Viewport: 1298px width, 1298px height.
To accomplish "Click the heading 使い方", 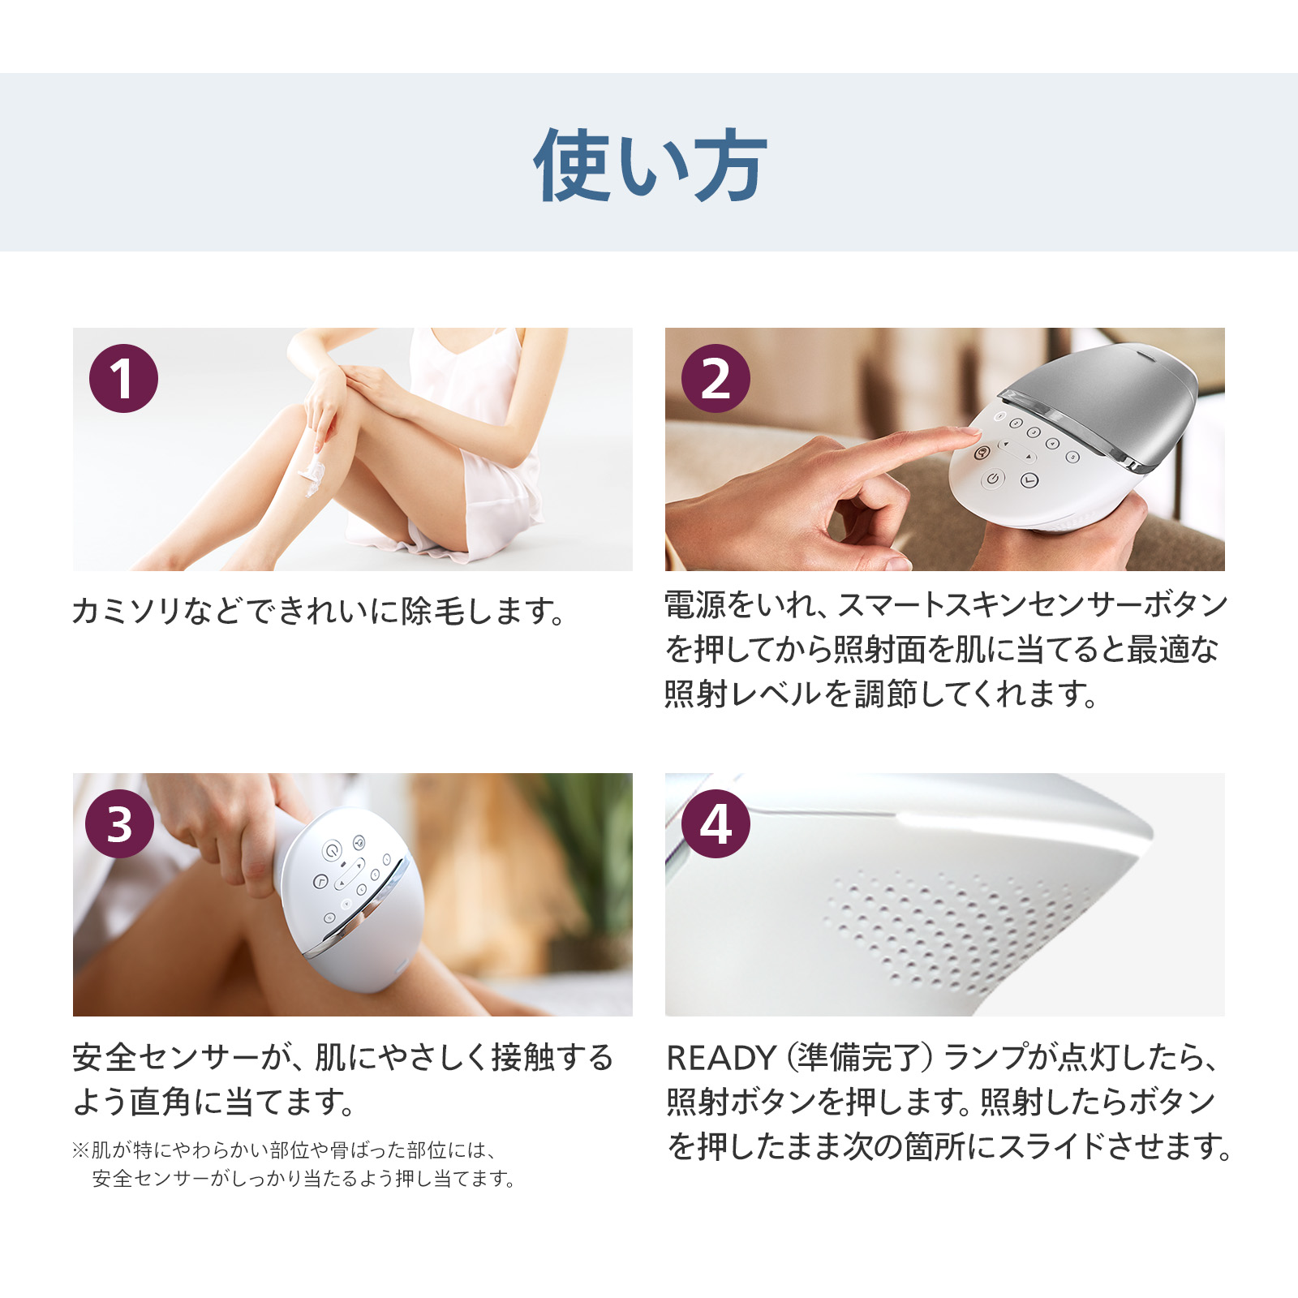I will (x=649, y=165).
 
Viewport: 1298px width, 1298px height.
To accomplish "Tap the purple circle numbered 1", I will (x=123, y=379).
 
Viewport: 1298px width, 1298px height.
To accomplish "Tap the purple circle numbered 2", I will (x=716, y=379).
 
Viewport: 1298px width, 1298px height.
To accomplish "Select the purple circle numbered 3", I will (x=119, y=824).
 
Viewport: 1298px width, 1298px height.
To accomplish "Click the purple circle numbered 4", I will (x=716, y=824).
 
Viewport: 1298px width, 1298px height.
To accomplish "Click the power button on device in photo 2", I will (x=993, y=479).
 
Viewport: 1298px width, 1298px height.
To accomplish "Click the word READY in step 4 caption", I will (x=720, y=1058).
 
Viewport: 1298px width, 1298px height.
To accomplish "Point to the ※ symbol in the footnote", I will (x=80, y=1150).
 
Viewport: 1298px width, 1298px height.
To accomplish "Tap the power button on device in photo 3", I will (x=331, y=850).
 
